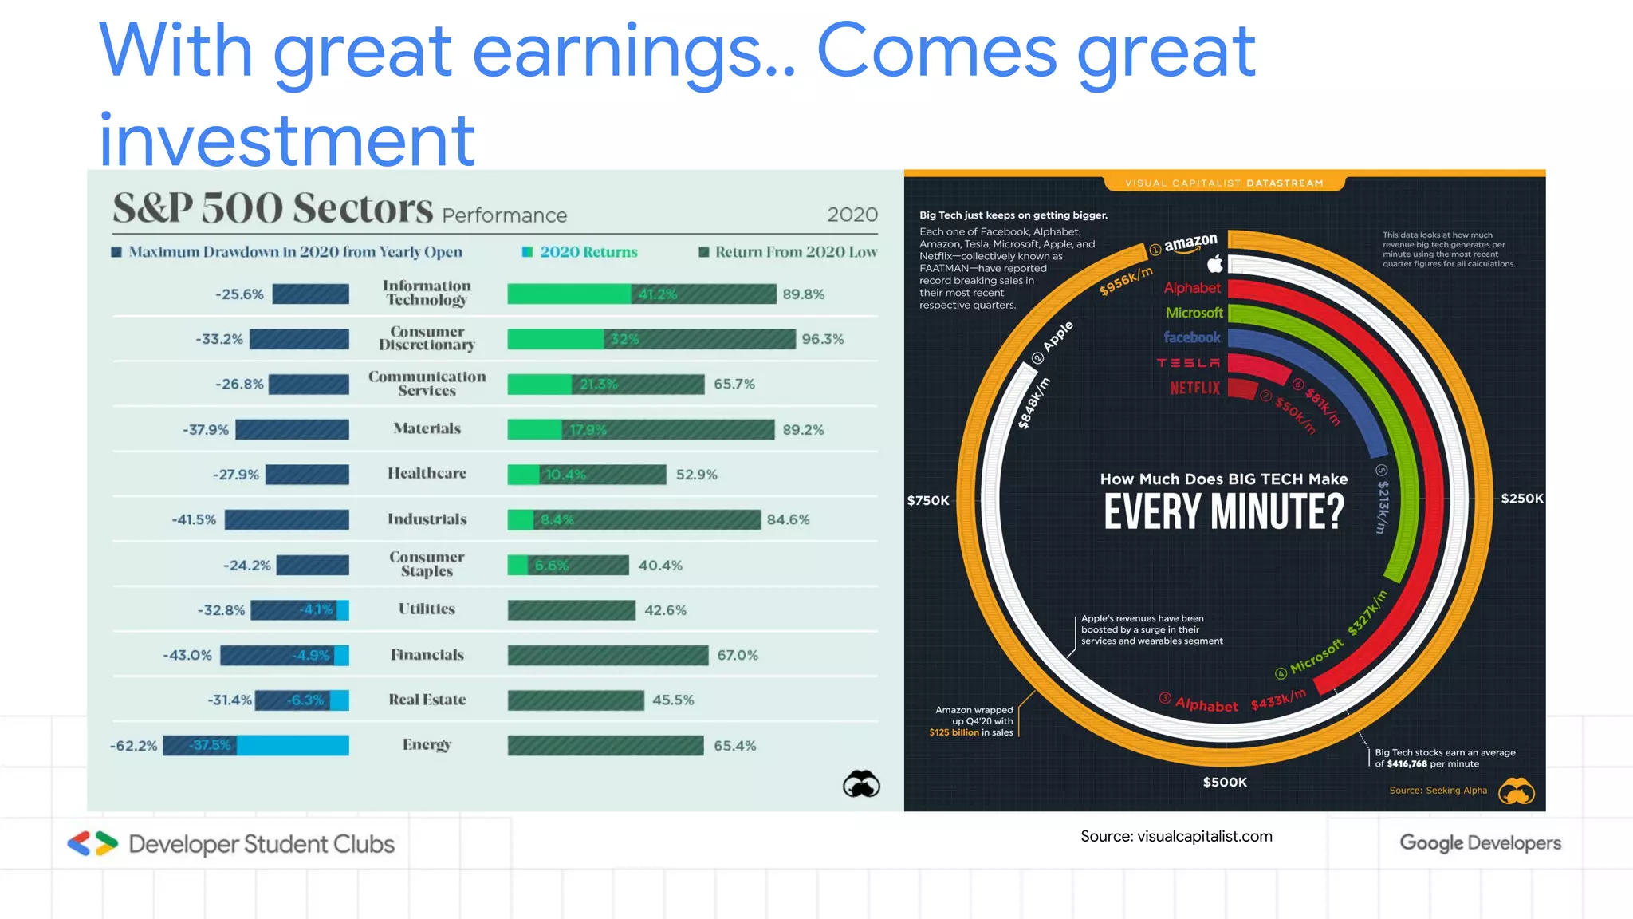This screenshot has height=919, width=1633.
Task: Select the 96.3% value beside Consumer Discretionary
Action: pos(822,339)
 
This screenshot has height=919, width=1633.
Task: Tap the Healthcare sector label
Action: pos(427,474)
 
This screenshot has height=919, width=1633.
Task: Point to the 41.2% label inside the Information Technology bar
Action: pos(657,294)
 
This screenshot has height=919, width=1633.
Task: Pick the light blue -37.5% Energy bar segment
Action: pos(291,746)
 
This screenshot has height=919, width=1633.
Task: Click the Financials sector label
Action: pos(427,655)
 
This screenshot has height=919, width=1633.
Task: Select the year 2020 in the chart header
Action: pos(852,215)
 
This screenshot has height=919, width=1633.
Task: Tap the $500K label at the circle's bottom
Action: pos(1224,783)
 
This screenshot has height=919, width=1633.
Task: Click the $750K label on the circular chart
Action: pos(928,501)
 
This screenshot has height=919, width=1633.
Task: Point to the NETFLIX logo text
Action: pos(1194,389)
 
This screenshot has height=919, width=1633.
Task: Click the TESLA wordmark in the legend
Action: pos(1188,363)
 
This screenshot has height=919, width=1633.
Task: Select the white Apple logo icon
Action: pos(1214,263)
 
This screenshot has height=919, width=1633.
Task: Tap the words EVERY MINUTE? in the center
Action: pos(1223,512)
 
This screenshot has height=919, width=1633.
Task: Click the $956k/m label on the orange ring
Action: pos(1125,282)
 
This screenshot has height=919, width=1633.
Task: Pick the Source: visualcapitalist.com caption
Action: pos(1176,837)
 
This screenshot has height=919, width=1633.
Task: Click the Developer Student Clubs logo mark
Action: pos(92,844)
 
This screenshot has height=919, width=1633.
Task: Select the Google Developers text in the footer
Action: pos(1480,843)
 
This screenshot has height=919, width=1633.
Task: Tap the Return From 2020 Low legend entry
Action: pos(788,252)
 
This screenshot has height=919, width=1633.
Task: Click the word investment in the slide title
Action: pos(287,140)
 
